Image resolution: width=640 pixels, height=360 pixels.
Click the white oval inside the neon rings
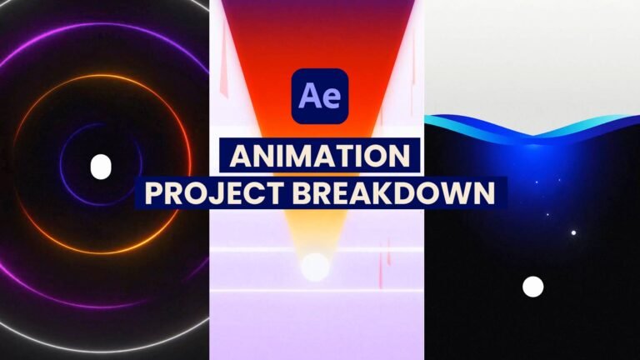click(x=101, y=167)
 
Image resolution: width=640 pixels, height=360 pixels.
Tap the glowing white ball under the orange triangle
click(x=315, y=267)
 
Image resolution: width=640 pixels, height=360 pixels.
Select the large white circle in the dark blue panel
click(x=532, y=287)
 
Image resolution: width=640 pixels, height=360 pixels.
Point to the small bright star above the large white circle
click(x=573, y=232)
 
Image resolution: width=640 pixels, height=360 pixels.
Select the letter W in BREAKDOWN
click(x=451, y=192)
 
